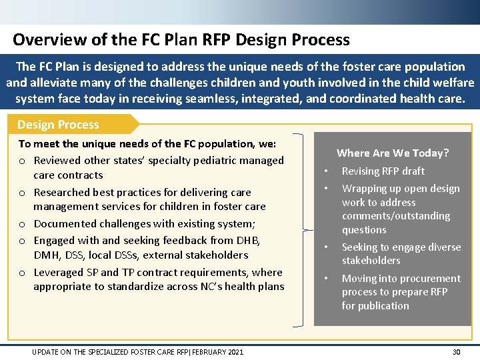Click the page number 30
[456, 352]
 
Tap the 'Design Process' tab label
[58, 125]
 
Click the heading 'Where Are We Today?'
[393, 153]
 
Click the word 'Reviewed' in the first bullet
[58, 160]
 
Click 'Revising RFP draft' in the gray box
[383, 171]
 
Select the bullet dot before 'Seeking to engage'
[326, 247]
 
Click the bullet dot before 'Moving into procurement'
[326, 279]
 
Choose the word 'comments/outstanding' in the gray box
[396, 216]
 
